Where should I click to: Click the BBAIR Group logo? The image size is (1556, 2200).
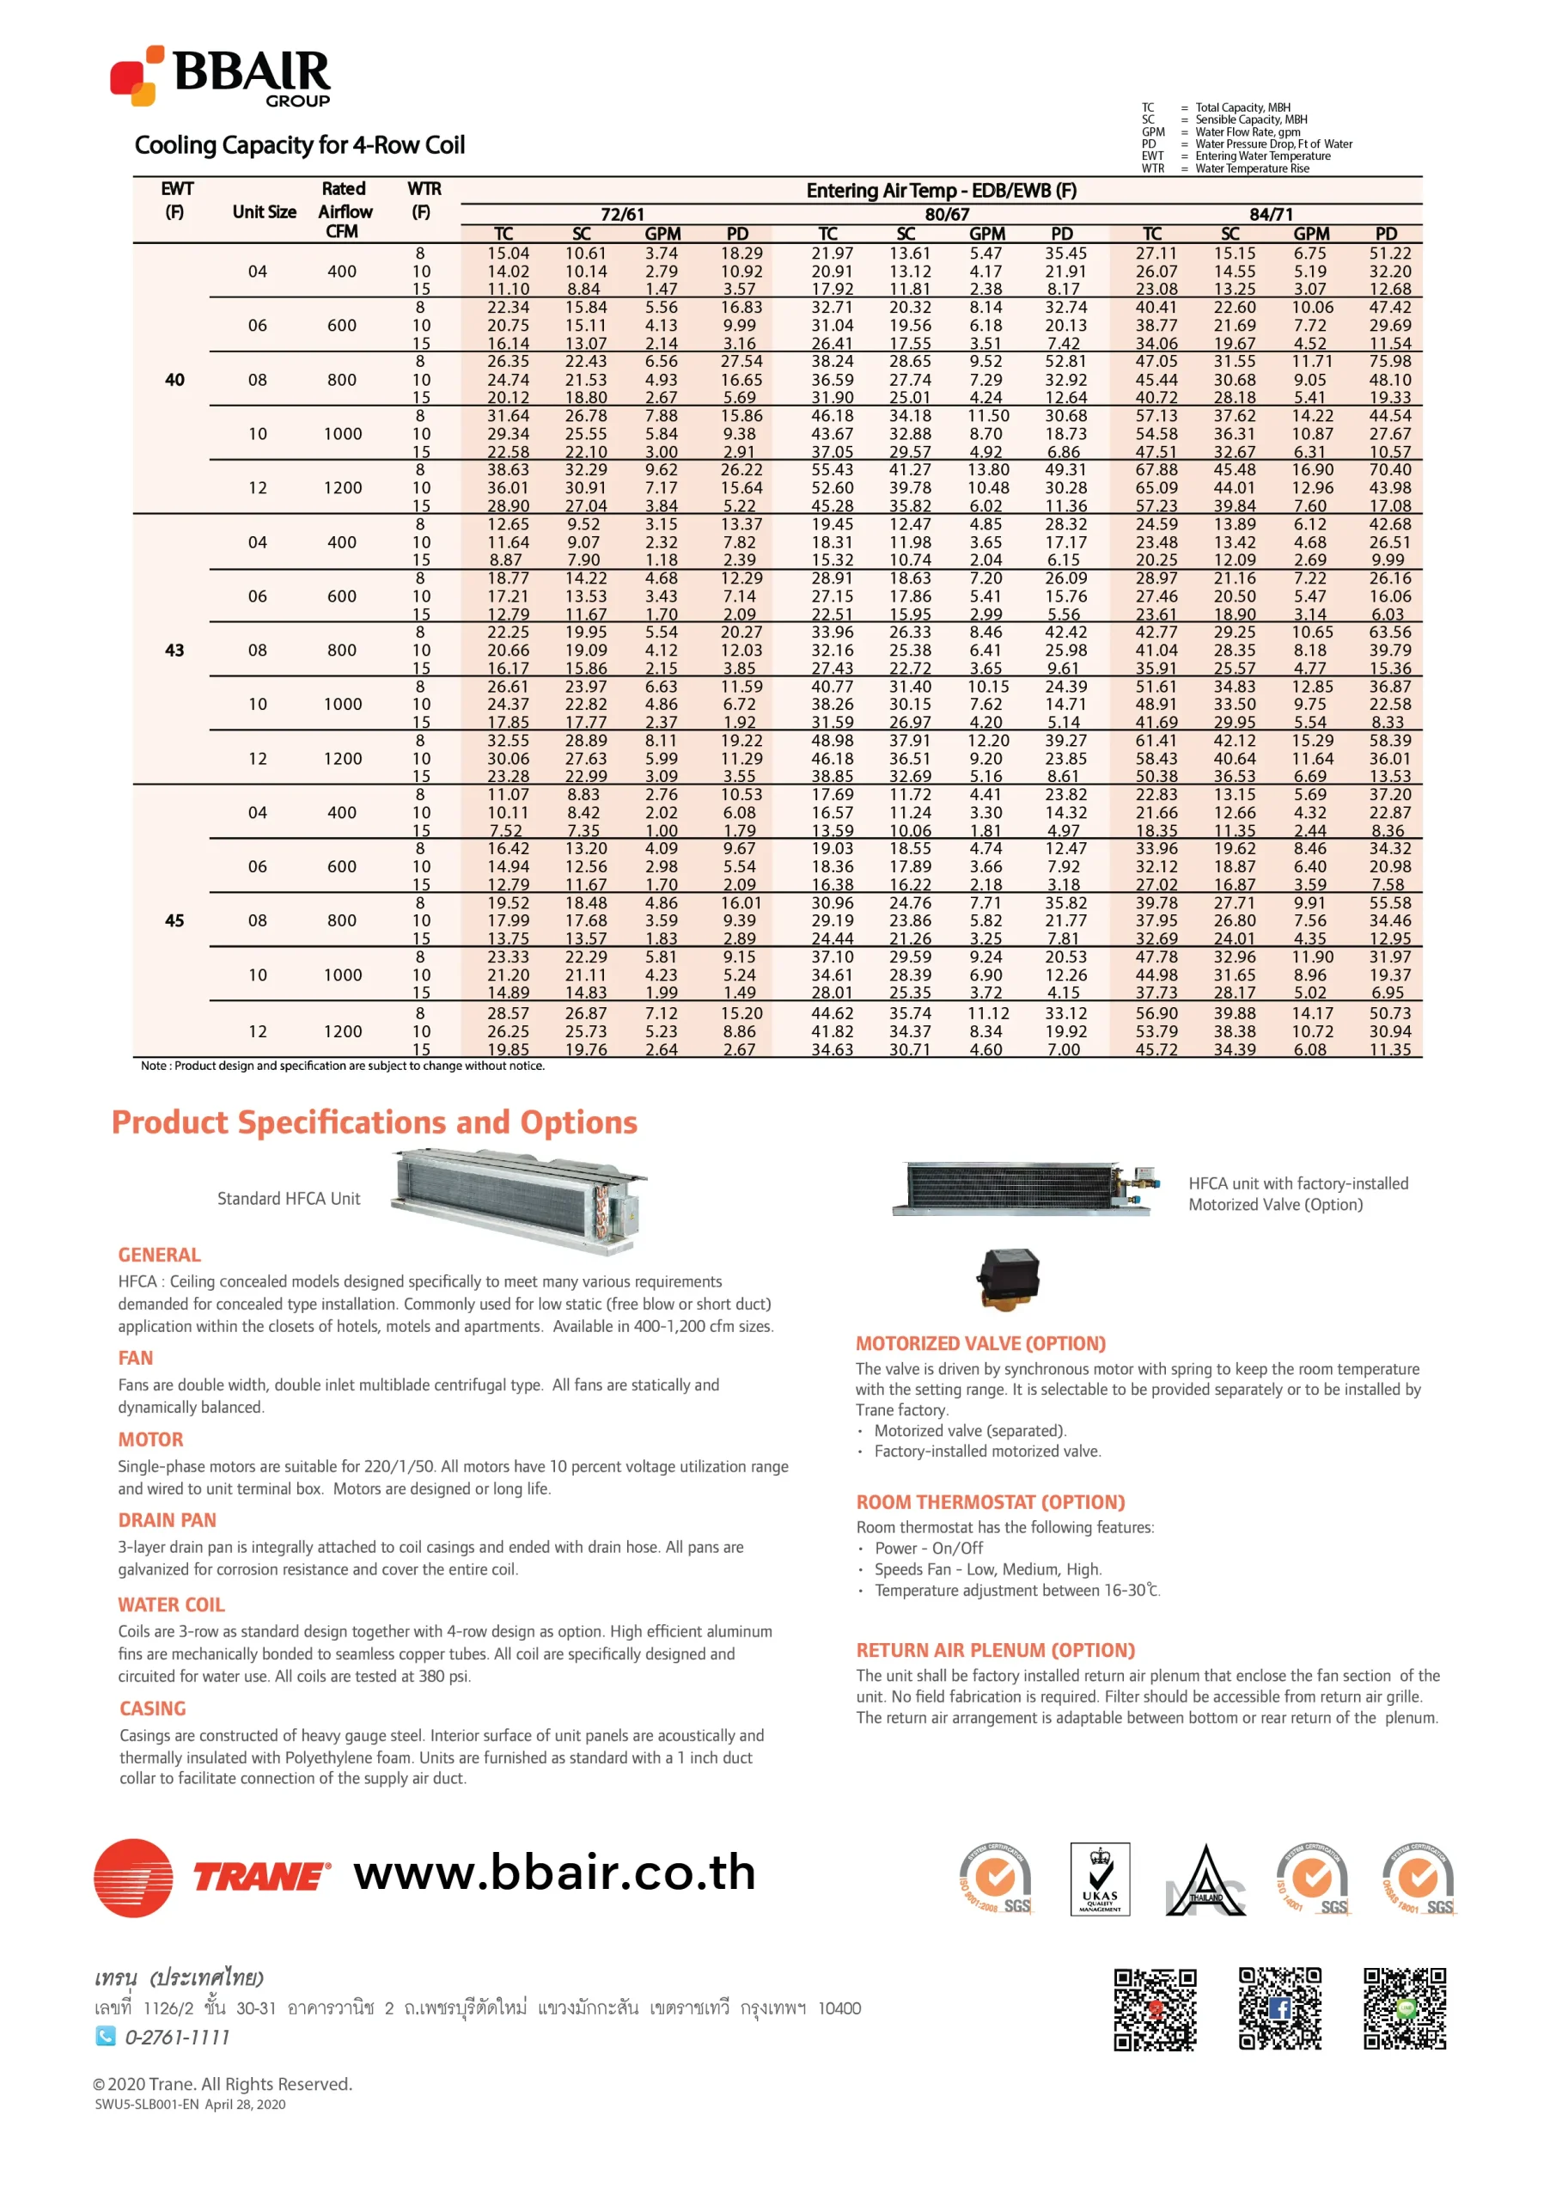coord(220,76)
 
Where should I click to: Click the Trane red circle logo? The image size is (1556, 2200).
coord(133,1877)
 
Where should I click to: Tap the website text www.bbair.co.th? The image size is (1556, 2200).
coord(555,1873)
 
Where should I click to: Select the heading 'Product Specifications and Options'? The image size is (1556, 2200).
coord(375,1122)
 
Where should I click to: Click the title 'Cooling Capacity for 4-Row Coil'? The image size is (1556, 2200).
coord(299,145)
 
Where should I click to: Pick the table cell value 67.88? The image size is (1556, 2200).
coord(1156,469)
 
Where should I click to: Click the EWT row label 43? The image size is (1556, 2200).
coord(174,650)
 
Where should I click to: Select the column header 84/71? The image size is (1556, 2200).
coord(1271,215)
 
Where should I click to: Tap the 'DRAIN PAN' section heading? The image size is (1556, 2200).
coord(167,1519)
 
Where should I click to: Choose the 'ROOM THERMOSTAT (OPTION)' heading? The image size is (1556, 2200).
coord(990,1501)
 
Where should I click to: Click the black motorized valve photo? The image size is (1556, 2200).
coord(1007,1277)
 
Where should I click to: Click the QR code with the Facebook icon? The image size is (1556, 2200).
coord(1279,2008)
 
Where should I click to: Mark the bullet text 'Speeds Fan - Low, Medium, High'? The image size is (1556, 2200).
coord(987,1568)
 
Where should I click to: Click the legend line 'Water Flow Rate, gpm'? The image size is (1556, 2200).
coord(1248,132)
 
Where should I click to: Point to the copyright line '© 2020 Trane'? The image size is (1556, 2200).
coord(223,2083)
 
